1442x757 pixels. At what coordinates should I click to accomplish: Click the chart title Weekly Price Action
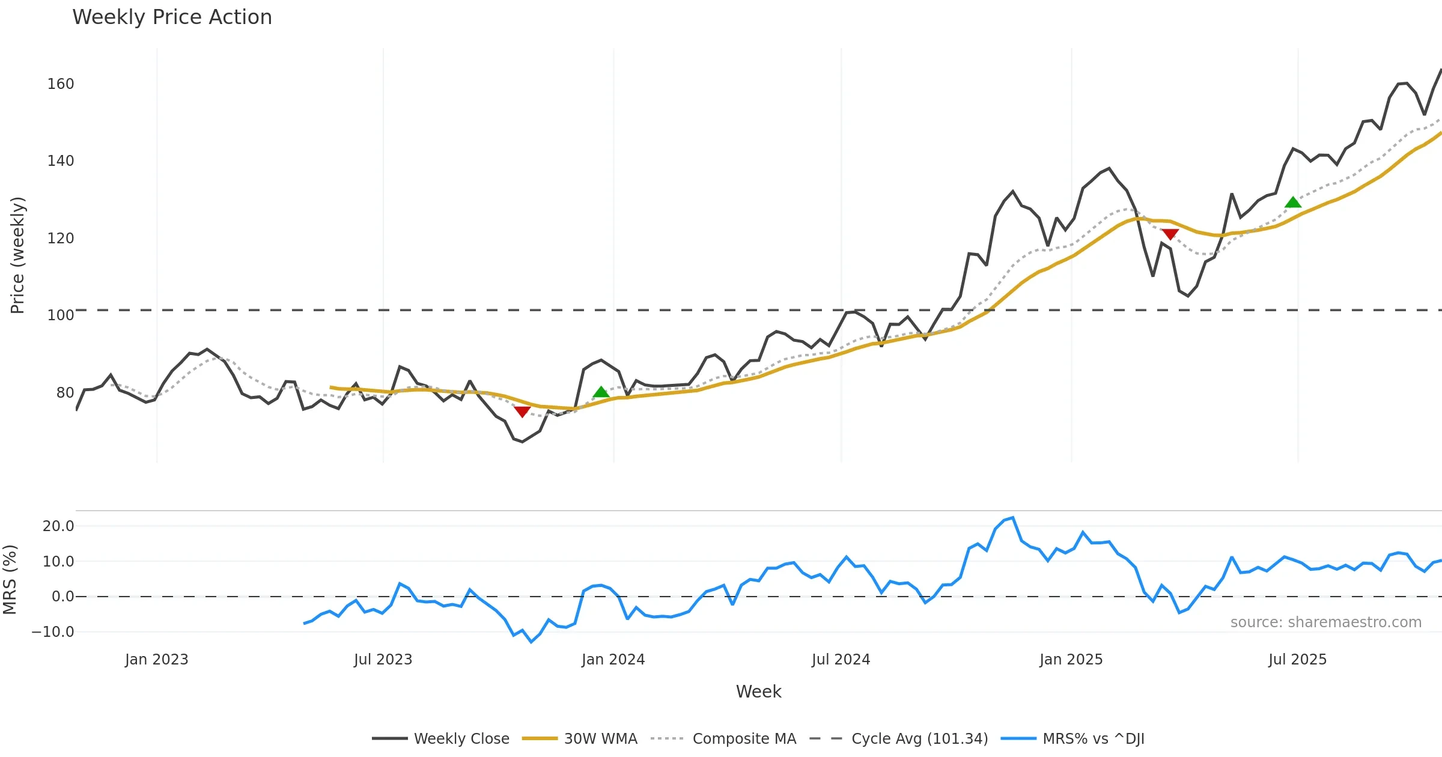[x=172, y=17]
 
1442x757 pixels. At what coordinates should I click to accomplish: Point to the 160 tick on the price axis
[x=61, y=84]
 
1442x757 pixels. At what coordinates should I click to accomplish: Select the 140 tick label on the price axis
[x=61, y=161]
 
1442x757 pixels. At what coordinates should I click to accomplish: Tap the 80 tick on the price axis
[x=65, y=393]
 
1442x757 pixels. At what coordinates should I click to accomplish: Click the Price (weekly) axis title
[x=18, y=255]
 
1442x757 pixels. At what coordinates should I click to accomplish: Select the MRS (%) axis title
[x=10, y=579]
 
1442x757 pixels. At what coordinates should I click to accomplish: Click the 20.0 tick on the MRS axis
[x=58, y=526]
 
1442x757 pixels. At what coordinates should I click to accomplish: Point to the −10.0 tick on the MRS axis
[x=53, y=632]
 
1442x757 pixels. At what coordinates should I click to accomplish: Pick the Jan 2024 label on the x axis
[x=613, y=660]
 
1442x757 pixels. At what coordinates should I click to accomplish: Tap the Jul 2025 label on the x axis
[x=1297, y=660]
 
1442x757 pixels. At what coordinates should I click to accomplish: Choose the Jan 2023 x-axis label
[x=156, y=660]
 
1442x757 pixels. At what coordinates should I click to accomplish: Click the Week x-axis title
[x=758, y=692]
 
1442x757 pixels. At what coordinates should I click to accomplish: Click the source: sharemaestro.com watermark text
[x=1325, y=622]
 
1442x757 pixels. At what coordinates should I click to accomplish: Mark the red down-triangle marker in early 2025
[x=1170, y=234]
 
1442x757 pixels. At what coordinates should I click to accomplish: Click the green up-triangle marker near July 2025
[x=1293, y=202]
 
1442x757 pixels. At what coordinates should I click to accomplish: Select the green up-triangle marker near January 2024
[x=601, y=392]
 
